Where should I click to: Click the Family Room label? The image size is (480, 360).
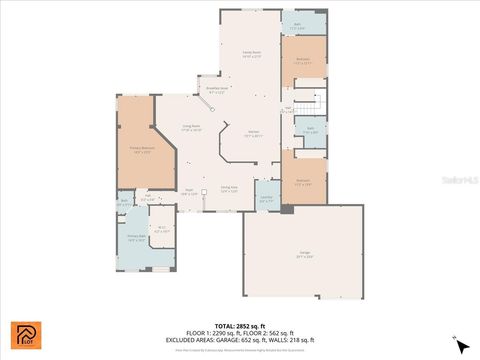pos(251,54)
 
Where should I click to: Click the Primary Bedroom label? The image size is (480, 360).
pos(140,151)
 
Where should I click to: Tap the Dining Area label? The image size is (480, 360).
pos(229,188)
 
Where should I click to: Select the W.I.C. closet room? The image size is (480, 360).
pos(162,228)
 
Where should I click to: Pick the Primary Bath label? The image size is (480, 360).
pos(136,239)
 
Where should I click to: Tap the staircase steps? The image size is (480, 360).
pos(314,103)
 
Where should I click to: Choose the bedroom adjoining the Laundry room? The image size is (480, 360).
pos(304,182)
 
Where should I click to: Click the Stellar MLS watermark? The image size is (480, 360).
pos(459,180)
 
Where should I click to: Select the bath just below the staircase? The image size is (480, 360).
pos(312,131)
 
